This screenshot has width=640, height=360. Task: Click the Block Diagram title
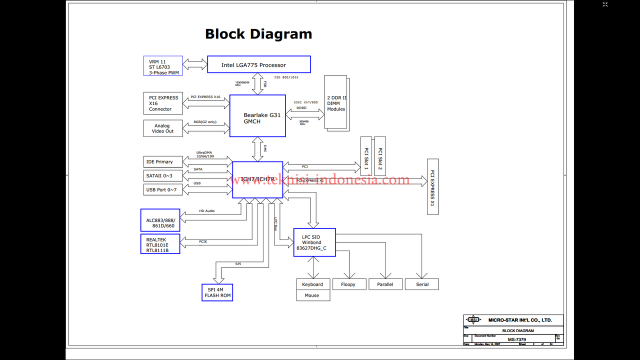click(258, 34)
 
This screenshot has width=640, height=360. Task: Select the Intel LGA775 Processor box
click(259, 64)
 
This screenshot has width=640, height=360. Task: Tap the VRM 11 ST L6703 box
click(163, 66)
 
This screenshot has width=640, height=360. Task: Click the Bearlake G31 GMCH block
click(257, 116)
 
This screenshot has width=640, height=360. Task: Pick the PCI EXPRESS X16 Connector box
click(163, 103)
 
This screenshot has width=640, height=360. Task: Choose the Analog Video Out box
click(163, 128)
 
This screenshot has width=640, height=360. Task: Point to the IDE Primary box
click(163, 162)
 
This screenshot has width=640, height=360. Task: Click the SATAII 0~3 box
click(163, 175)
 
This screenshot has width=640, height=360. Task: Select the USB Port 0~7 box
click(163, 189)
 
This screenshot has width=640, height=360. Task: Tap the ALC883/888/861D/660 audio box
click(160, 220)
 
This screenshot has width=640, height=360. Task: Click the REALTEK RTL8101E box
click(160, 244)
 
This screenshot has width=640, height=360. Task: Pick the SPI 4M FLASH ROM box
click(217, 292)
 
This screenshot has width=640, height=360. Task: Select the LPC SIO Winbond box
click(314, 242)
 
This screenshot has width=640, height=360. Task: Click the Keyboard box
click(313, 284)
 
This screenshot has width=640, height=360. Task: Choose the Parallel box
click(385, 284)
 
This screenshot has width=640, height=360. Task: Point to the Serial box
click(422, 284)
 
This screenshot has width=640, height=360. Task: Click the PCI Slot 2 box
click(380, 156)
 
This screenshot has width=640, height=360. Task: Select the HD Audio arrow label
click(206, 211)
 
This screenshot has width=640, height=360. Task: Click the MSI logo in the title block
click(473, 320)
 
